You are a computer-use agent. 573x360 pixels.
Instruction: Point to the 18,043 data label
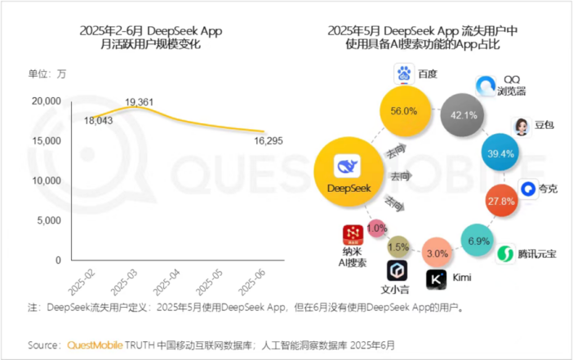pyautogui.click(x=98, y=121)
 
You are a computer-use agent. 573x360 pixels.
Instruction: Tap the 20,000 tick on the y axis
pyautogui.click(x=47, y=101)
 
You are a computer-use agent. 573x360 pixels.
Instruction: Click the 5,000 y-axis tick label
pyautogui.click(x=49, y=220)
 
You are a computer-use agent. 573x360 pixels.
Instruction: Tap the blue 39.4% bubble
pyautogui.click(x=500, y=153)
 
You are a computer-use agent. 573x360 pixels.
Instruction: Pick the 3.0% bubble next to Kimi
pyautogui.click(x=438, y=253)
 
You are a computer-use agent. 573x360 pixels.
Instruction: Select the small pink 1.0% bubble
pyautogui.click(x=376, y=229)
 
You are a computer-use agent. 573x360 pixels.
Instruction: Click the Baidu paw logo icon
pyautogui.click(x=404, y=75)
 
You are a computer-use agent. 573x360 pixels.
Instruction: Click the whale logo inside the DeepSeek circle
pyautogui.click(x=349, y=167)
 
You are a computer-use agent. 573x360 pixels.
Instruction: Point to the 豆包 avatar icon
pyautogui.click(x=520, y=126)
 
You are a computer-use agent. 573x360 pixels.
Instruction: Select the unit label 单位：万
pyautogui.click(x=48, y=75)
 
